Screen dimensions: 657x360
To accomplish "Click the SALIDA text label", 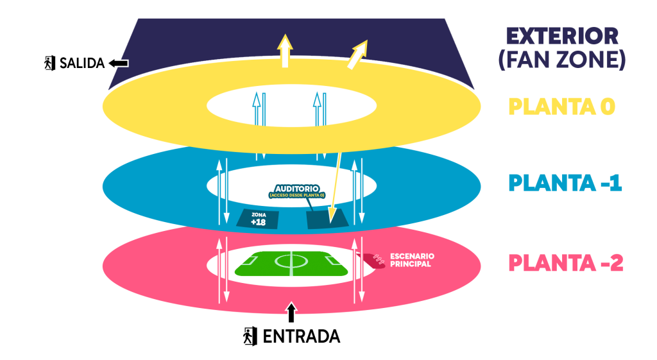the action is (x=82, y=64).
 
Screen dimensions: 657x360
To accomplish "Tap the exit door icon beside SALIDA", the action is (x=50, y=64).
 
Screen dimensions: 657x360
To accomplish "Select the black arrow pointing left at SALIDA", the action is (x=119, y=64).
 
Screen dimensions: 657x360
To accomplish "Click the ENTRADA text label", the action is (x=302, y=336).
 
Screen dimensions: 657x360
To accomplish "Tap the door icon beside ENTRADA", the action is (x=250, y=336).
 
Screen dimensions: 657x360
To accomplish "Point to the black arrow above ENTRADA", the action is (x=291, y=313).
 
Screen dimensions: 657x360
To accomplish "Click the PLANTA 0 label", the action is (x=561, y=107).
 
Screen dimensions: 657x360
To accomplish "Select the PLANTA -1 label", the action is (x=565, y=183).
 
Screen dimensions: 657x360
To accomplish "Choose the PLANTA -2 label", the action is (x=566, y=263).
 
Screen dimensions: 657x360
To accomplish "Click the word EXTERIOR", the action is (x=562, y=36).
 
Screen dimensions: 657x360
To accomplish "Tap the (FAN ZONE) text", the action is (x=562, y=59).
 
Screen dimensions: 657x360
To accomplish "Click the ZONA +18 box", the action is (x=258, y=219).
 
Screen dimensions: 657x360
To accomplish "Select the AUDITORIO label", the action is (x=296, y=189).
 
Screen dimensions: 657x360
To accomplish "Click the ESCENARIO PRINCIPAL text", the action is (x=412, y=260).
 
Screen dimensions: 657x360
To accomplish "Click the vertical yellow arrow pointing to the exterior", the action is (x=285, y=51).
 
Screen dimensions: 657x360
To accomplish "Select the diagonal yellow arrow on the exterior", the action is (x=357, y=55).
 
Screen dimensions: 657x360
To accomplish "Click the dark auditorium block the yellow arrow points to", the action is (x=327, y=219).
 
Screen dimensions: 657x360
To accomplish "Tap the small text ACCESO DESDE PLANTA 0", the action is (x=297, y=195).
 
